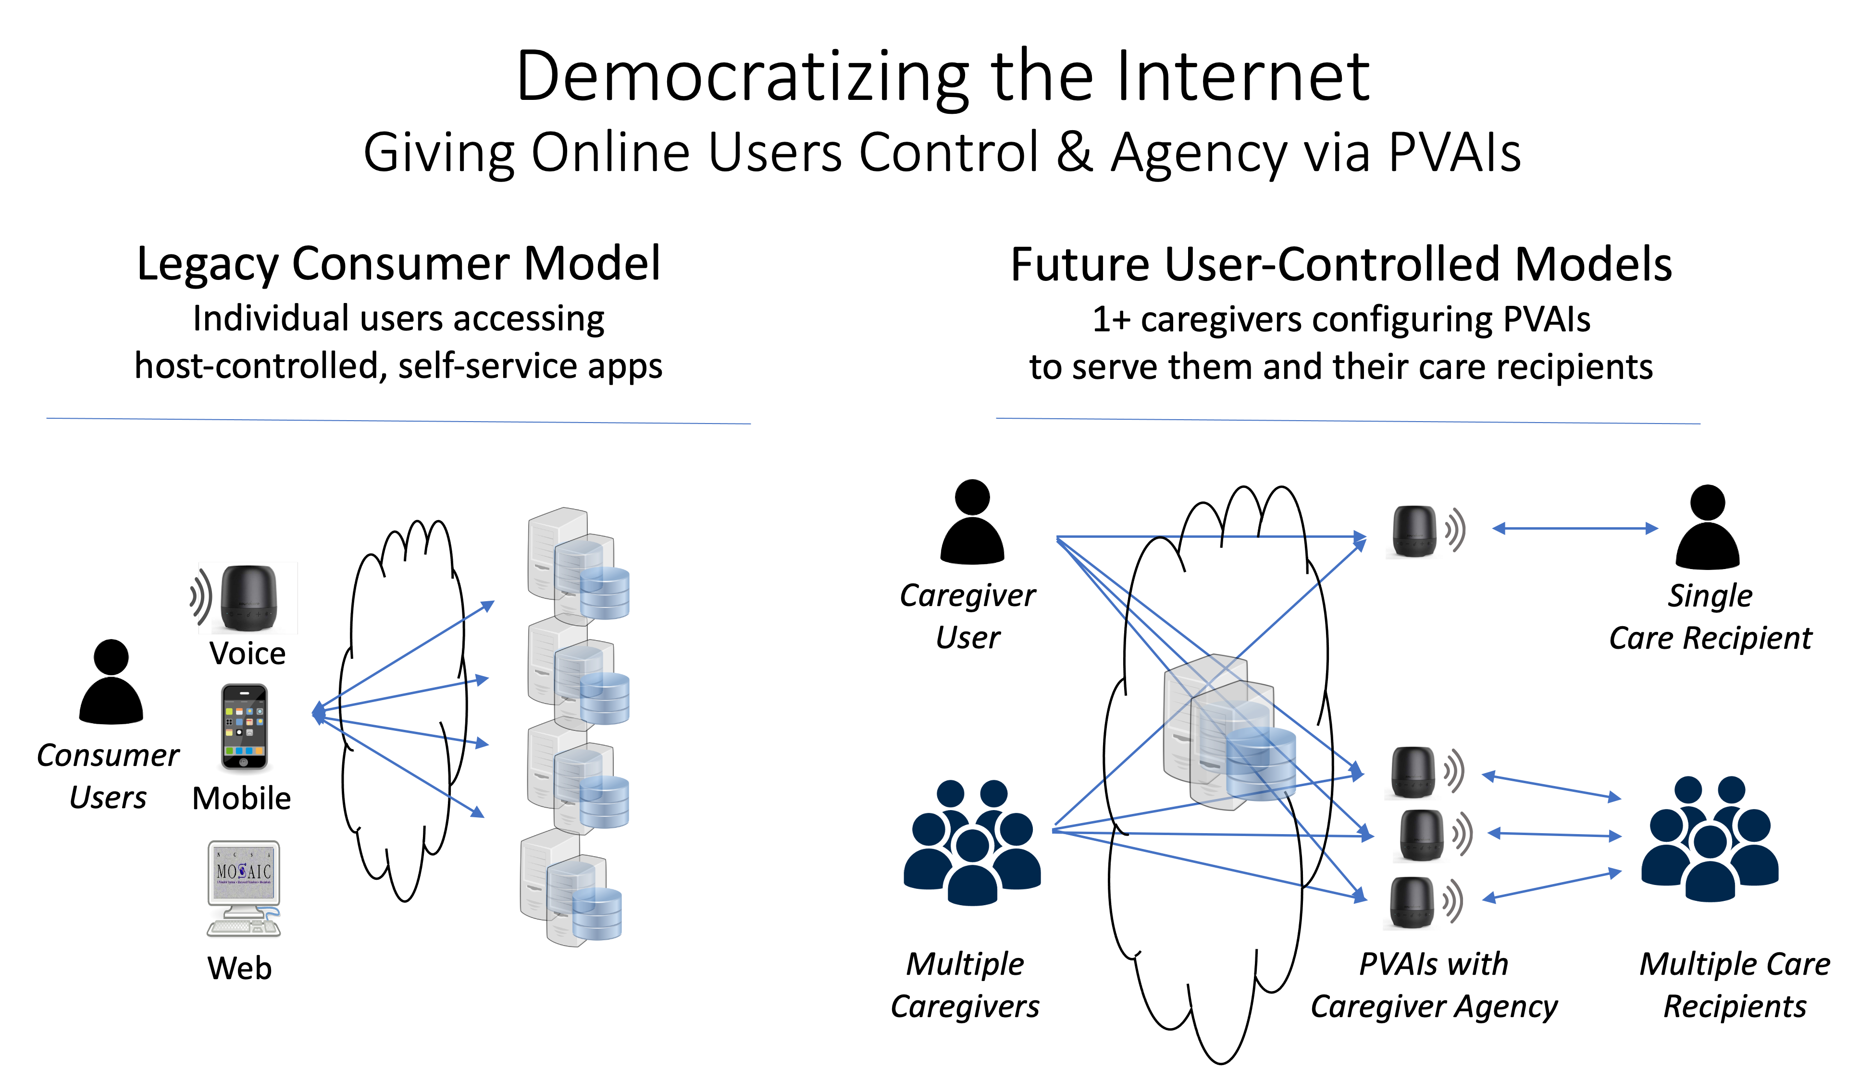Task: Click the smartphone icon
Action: point(244,726)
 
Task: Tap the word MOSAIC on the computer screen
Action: point(244,872)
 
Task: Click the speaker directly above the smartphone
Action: point(248,597)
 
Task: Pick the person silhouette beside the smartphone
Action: point(111,681)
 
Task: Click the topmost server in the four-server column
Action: point(578,564)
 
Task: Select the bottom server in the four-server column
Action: point(570,887)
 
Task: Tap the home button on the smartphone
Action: point(244,762)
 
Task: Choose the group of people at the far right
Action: point(1709,838)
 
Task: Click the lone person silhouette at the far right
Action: point(1707,526)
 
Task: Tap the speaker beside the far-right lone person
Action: point(1413,531)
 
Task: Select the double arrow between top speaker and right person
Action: point(1575,528)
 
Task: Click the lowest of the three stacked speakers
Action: point(1412,902)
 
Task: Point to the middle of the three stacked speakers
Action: point(1421,835)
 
